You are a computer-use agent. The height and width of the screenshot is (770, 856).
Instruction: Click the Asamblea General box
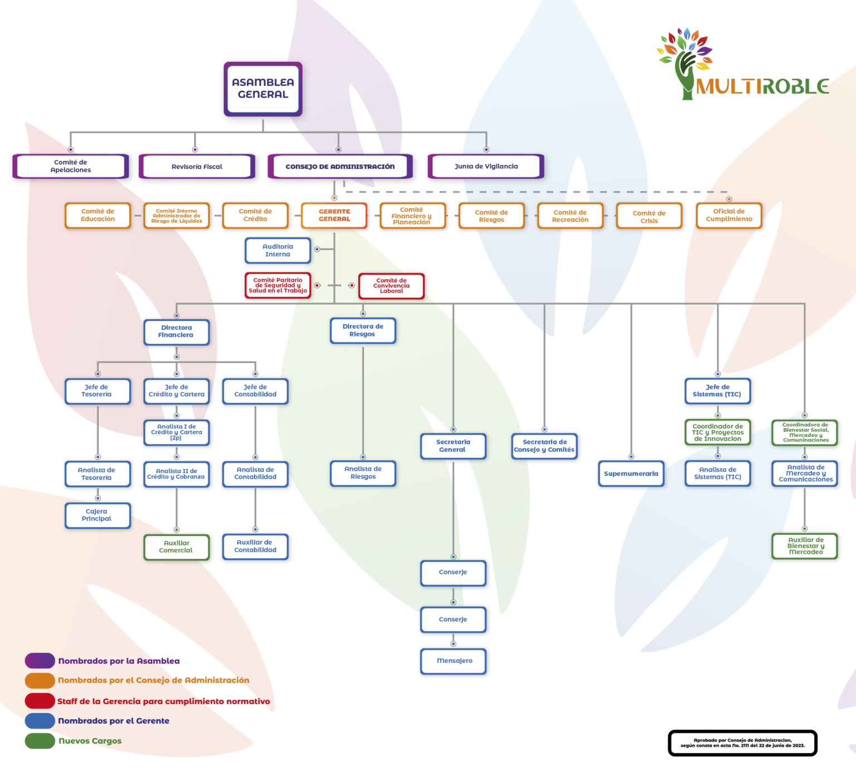click(x=262, y=89)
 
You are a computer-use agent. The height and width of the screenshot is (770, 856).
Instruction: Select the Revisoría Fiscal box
click(x=197, y=167)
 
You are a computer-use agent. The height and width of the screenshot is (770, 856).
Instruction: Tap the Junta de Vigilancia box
click(x=486, y=167)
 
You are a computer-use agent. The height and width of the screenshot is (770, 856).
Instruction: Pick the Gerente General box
click(x=334, y=216)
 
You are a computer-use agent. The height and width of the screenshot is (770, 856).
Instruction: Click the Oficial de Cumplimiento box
click(x=728, y=216)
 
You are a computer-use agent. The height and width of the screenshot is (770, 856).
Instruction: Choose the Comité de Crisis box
click(x=649, y=216)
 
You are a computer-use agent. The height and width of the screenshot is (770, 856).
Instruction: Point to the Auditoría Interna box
click(x=278, y=251)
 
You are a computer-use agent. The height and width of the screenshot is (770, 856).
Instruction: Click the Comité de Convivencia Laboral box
click(x=391, y=286)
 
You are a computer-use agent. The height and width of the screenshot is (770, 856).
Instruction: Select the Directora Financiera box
click(x=176, y=332)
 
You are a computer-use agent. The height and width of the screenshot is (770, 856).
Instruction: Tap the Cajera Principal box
click(x=97, y=515)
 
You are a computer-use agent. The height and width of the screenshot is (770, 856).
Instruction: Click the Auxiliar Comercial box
click(x=176, y=547)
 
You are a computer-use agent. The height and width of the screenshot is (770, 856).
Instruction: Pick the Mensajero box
click(x=453, y=661)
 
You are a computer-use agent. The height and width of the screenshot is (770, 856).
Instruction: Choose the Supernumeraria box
click(x=631, y=474)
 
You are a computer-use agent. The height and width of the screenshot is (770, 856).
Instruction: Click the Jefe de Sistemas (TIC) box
click(x=717, y=391)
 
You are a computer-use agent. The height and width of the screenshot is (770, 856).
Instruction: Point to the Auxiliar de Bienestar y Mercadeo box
click(x=805, y=546)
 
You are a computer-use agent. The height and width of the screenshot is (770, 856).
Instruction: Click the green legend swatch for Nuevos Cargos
click(x=40, y=741)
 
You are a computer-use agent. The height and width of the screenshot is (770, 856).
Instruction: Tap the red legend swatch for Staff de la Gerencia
click(x=40, y=701)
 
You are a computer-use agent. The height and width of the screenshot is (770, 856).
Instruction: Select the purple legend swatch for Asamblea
click(x=40, y=661)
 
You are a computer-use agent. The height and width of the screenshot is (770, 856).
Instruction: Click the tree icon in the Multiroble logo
click(x=685, y=61)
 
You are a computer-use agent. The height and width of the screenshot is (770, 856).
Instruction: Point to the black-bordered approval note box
click(x=742, y=743)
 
